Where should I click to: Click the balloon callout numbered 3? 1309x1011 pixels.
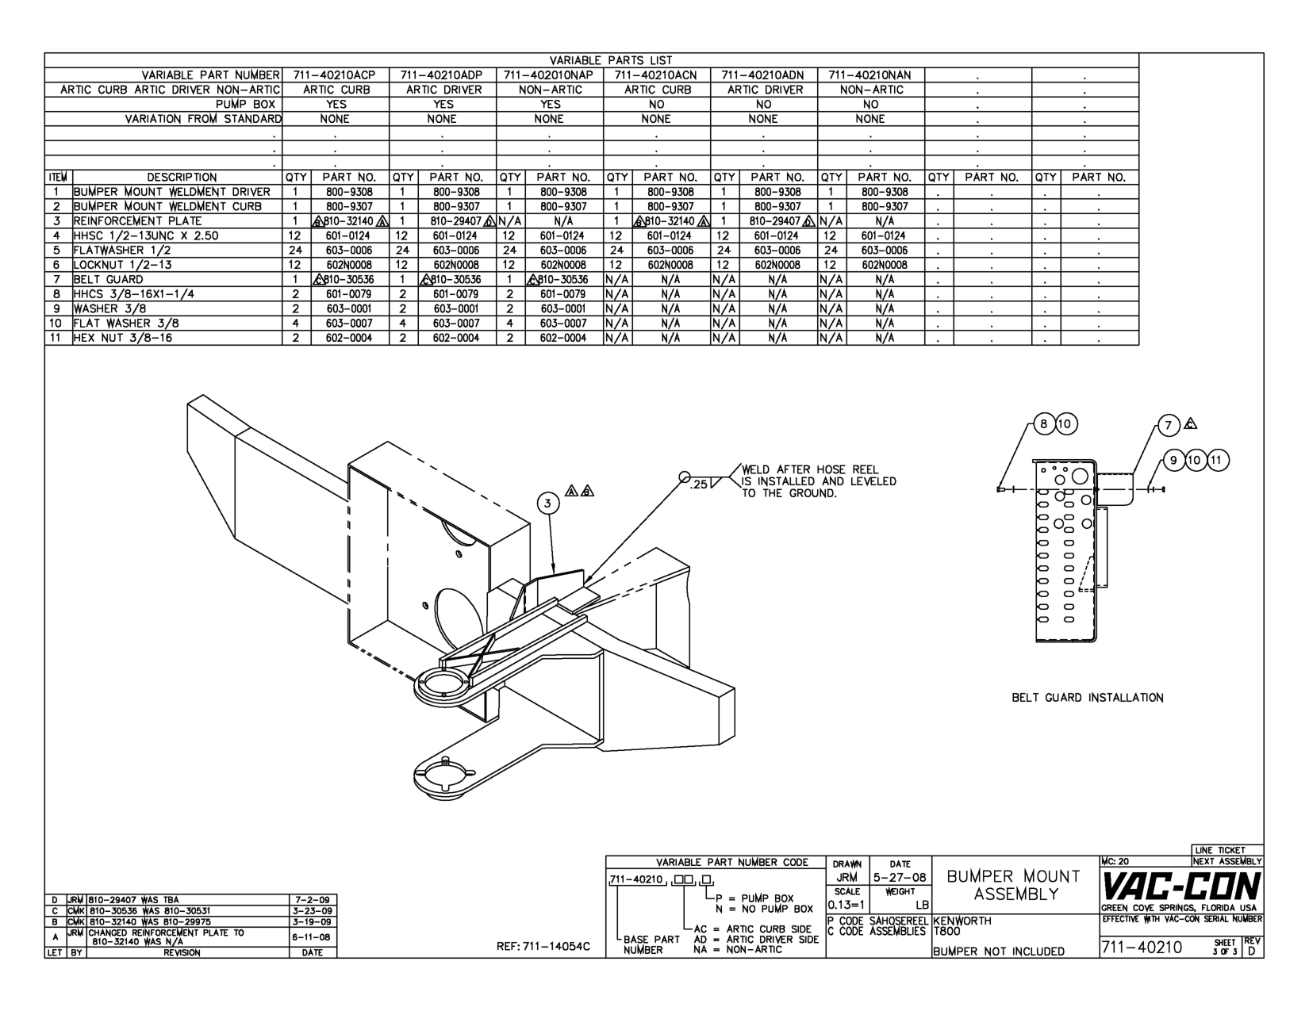[x=547, y=503]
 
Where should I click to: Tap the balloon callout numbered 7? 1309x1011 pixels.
[x=1169, y=425]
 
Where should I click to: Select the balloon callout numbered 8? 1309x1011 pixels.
[x=1045, y=424]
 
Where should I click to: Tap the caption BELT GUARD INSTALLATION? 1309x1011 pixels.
[x=1088, y=698]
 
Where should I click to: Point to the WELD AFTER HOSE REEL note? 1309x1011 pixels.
[x=817, y=481]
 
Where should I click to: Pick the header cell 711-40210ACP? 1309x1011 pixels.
[x=335, y=75]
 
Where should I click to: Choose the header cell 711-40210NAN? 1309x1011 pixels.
[x=870, y=75]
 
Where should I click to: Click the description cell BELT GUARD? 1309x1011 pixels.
[x=109, y=279]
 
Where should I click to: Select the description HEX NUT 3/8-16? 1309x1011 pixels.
[x=123, y=338]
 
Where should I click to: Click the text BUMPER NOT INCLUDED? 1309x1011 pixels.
[x=999, y=951]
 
